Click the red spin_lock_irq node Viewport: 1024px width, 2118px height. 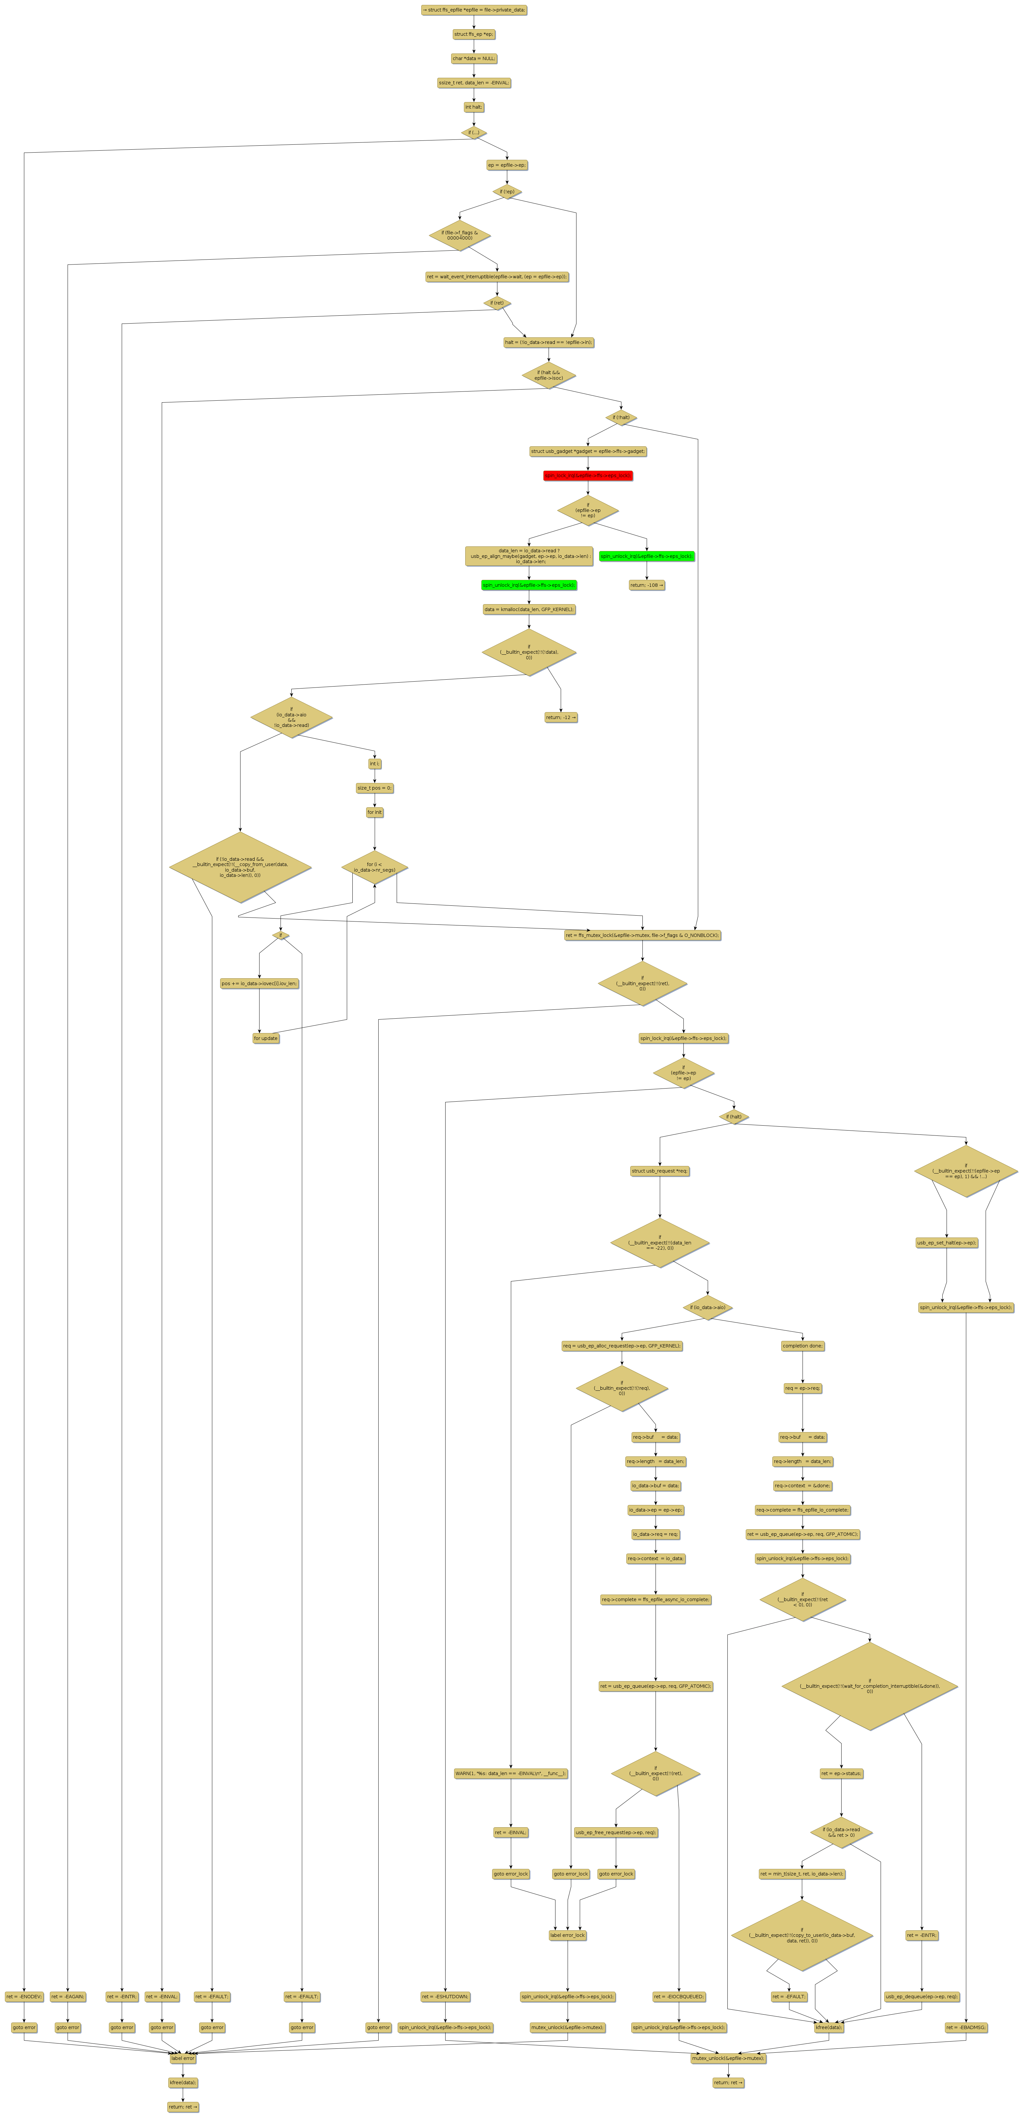pyautogui.click(x=588, y=475)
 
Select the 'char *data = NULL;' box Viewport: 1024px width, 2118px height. pyautogui.click(x=473, y=58)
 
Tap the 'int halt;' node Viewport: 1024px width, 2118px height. pyautogui.click(x=473, y=107)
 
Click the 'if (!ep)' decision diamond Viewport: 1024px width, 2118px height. pyautogui.click(x=507, y=192)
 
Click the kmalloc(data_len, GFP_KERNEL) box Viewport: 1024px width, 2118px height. pyautogui.click(x=529, y=609)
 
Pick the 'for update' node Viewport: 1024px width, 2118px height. pyautogui.click(x=265, y=1038)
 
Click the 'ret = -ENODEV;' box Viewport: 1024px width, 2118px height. pyautogui.click(x=24, y=1996)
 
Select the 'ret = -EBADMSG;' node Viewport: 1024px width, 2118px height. pyautogui.click(x=966, y=2027)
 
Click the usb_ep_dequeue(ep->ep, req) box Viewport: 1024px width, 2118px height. pyautogui.click(x=921, y=1996)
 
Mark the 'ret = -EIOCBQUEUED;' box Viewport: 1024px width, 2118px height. pyautogui.click(x=679, y=1996)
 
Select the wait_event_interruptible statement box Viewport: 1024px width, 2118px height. pyautogui.click(x=496, y=276)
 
